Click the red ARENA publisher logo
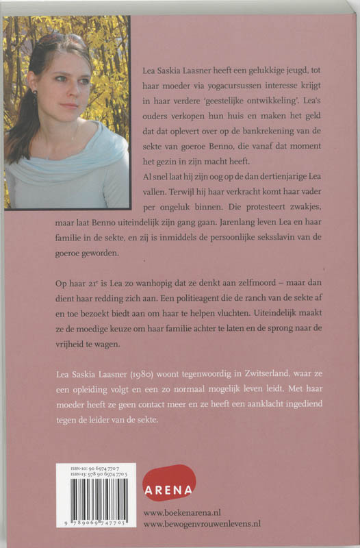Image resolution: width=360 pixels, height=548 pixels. tap(169, 482)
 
